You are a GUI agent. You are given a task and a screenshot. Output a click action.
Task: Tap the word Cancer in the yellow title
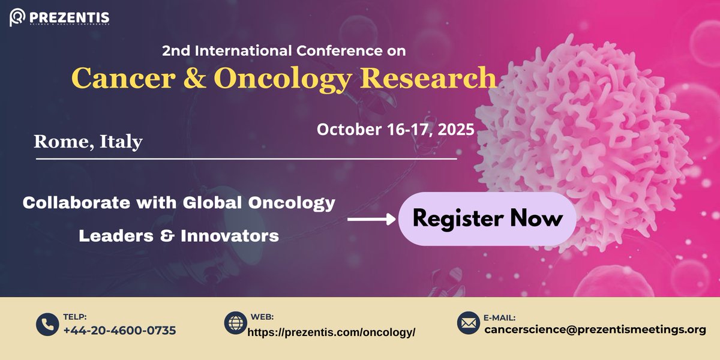[x=116, y=78]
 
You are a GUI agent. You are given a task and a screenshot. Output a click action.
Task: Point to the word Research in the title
[x=430, y=78]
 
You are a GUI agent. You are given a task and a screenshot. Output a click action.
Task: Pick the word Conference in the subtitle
[x=335, y=51]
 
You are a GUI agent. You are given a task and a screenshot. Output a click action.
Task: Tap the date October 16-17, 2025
[x=395, y=128]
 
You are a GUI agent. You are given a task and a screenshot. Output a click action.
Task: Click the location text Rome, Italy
[x=88, y=142]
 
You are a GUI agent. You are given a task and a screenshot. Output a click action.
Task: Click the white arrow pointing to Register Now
[x=371, y=220]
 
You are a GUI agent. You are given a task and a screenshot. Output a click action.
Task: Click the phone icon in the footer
[x=46, y=325]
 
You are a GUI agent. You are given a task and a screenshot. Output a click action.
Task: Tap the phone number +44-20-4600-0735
[x=119, y=330]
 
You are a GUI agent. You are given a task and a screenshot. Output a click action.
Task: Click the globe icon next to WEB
[x=235, y=323]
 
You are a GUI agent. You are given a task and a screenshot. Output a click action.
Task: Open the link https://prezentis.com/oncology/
[x=331, y=332]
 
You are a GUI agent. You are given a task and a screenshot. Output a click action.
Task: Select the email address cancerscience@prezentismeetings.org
[x=595, y=329]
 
